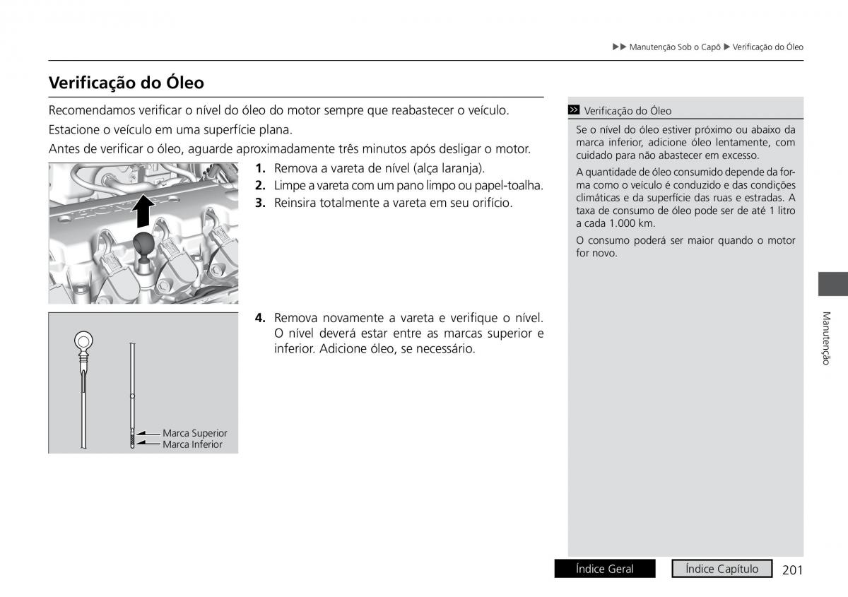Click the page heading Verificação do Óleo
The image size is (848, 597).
pyautogui.click(x=126, y=83)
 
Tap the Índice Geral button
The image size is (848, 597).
pyautogui.click(x=605, y=569)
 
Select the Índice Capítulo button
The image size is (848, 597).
pyautogui.click(x=721, y=569)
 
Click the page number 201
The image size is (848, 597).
pyautogui.click(x=793, y=569)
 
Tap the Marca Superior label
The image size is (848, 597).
pyautogui.click(x=194, y=433)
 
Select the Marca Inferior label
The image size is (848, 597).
pyautogui.click(x=192, y=444)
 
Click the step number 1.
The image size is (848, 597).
pyautogui.click(x=260, y=168)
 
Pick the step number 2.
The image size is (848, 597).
pyautogui.click(x=260, y=185)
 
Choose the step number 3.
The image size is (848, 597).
pyautogui.click(x=260, y=203)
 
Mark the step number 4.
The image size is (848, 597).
pyautogui.click(x=260, y=318)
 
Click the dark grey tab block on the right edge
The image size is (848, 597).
pyautogui.click(x=832, y=283)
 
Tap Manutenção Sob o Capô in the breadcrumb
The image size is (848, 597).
pyautogui.click(x=674, y=47)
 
